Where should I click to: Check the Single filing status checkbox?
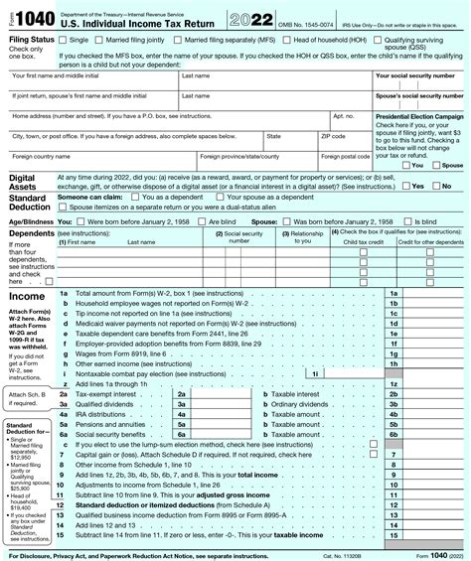pos(65,39)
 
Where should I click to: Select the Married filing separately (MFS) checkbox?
pos(180,39)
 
